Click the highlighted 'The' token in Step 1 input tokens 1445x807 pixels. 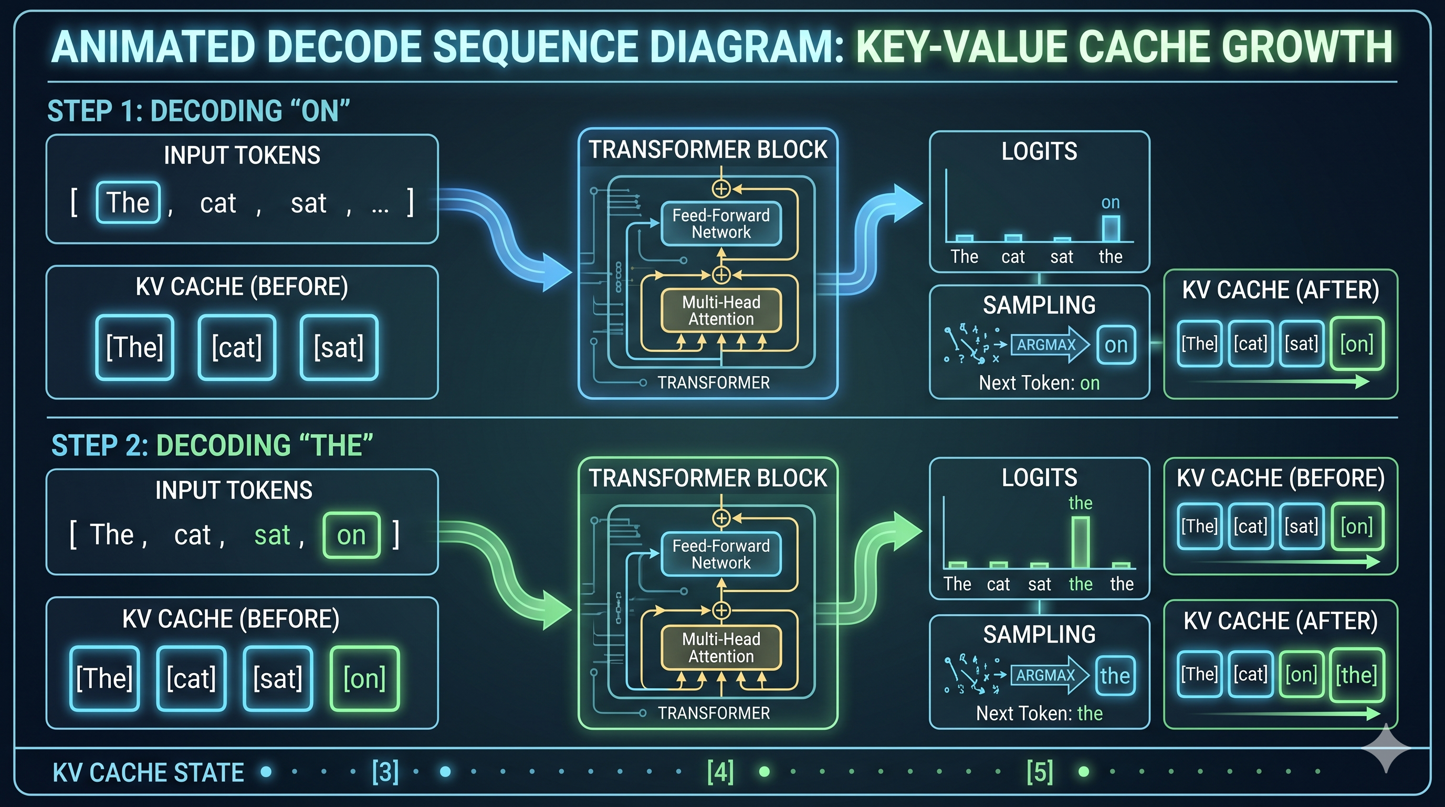tap(128, 203)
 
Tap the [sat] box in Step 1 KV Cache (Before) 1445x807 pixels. tap(339, 347)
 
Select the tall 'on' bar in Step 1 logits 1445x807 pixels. tap(1111, 229)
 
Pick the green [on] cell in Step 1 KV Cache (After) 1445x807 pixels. tap(1356, 344)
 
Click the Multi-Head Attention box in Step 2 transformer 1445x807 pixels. tap(721, 648)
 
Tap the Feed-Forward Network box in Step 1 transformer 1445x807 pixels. tap(721, 223)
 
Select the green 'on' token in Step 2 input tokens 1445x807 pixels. tap(351, 535)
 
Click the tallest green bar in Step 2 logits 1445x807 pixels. tap(1081, 542)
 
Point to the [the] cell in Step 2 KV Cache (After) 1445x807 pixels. tap(1356, 675)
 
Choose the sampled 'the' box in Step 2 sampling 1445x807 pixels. tap(1115, 675)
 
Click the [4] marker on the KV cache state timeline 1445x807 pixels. tap(720, 772)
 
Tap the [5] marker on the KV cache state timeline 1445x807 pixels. tap(1040, 772)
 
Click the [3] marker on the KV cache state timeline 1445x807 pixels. tap(385, 772)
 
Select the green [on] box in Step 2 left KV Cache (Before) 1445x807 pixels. tap(364, 678)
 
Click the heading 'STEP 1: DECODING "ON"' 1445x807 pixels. tap(198, 110)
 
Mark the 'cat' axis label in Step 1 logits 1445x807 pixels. tap(1013, 257)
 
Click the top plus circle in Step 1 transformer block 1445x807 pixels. tap(721, 189)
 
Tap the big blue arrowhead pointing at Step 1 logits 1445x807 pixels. tap(906, 202)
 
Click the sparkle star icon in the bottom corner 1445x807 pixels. tap(1386, 748)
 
